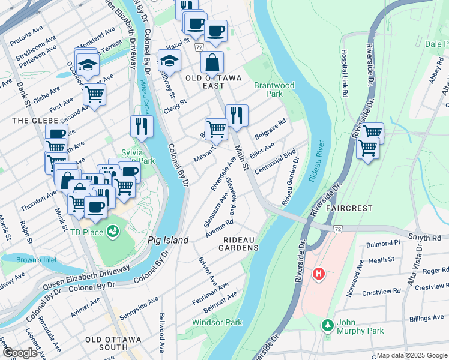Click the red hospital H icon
319,274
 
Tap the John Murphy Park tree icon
327,325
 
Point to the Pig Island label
168,240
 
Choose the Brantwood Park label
274,89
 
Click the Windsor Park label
217,322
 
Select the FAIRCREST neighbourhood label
349,208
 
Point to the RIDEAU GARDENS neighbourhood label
241,243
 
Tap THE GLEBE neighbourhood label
26,121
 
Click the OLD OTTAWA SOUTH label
113,340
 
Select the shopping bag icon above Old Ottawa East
212,62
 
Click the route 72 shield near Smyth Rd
338,229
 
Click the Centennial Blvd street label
276,162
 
